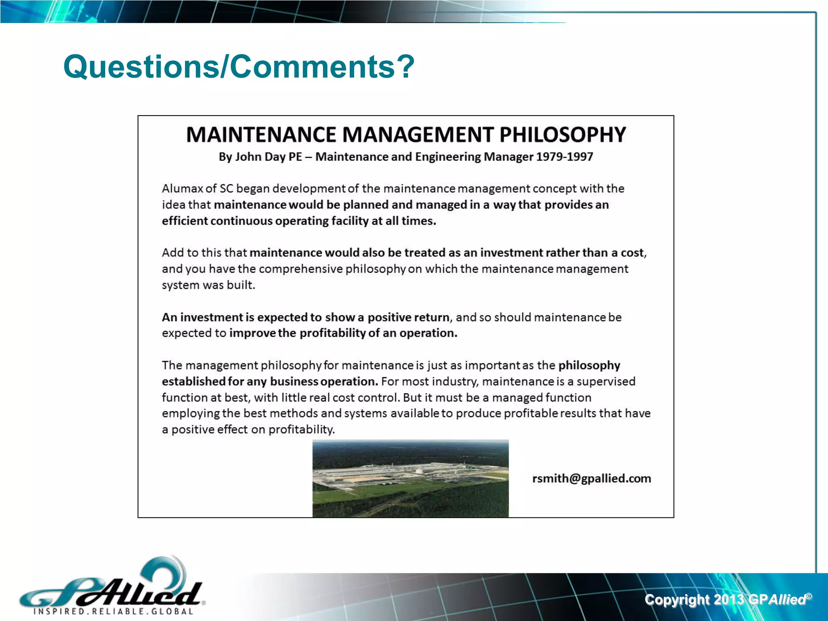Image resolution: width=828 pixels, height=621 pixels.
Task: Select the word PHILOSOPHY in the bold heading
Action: [562, 135]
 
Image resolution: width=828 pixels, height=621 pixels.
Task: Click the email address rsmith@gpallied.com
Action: [591, 479]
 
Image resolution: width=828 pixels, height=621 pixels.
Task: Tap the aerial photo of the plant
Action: [410, 478]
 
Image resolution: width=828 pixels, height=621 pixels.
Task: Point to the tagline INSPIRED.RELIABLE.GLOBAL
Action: [113, 611]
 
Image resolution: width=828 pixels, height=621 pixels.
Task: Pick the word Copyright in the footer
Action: [677, 600]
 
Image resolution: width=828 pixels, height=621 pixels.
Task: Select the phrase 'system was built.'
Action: [209, 285]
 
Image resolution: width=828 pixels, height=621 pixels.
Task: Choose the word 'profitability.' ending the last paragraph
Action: [302, 429]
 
